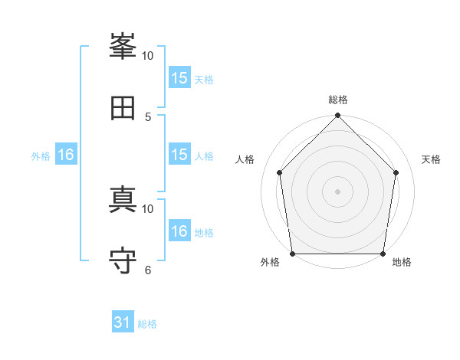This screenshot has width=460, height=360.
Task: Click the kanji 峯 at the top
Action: [x=123, y=48]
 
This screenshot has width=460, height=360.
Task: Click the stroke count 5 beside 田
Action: [x=148, y=116]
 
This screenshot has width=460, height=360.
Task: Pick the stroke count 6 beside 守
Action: [x=148, y=270]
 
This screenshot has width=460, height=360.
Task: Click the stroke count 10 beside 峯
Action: [x=148, y=56]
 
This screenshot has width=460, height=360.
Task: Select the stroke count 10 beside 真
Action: [x=148, y=208]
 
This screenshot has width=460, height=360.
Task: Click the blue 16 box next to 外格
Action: [x=66, y=155]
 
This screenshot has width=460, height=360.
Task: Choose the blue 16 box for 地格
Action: [x=179, y=231]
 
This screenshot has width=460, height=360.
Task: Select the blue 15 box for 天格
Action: [x=179, y=78]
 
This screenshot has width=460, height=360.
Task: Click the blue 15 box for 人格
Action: [x=179, y=155]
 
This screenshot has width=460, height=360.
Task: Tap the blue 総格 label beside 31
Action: [x=147, y=324]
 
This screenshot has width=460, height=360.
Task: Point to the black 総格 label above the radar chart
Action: [x=338, y=100]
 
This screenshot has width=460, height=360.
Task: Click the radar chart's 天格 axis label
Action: [x=431, y=159]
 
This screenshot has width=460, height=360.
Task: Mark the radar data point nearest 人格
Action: [x=280, y=172]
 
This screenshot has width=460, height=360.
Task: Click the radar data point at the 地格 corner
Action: [x=383, y=254]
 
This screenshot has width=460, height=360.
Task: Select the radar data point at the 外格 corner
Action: [x=293, y=254]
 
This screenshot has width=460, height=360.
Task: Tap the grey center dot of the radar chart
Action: [x=338, y=191]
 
